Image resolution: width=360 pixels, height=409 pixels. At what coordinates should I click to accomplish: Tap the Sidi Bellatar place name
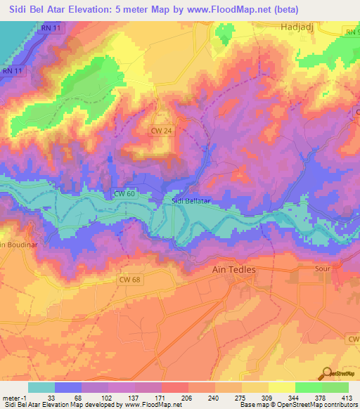[192, 201]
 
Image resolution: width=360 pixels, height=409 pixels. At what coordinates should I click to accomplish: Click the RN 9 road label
[352, 32]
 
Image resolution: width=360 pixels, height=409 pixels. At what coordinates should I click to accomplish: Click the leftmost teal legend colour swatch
[41, 387]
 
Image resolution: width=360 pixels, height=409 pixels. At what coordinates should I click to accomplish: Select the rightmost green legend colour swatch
[335, 387]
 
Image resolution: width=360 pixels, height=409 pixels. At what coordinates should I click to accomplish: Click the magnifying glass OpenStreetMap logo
[327, 374]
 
